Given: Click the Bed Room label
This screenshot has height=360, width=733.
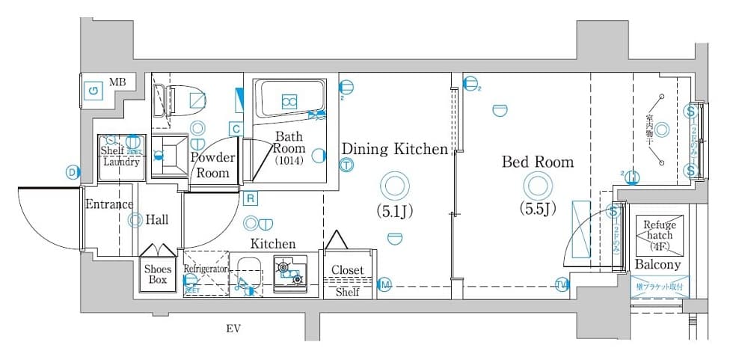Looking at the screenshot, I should pyautogui.click(x=537, y=162).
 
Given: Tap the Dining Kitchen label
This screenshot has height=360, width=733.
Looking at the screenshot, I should pyautogui.click(x=394, y=149).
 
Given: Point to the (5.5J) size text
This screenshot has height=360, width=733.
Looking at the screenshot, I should pyautogui.click(x=538, y=209).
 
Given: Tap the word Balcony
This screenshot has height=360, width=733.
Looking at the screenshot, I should pyautogui.click(x=658, y=265).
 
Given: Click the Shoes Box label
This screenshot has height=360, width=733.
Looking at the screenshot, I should pyautogui.click(x=158, y=275).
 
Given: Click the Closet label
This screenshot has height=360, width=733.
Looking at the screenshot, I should pyautogui.click(x=347, y=270).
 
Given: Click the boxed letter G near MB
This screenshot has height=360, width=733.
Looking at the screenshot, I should pyautogui.click(x=93, y=91).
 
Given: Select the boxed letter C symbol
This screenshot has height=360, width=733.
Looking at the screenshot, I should pyautogui.click(x=236, y=129).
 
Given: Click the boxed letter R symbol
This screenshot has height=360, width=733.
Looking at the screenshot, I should pyautogui.click(x=251, y=198).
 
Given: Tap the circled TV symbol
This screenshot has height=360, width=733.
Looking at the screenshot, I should pyautogui.click(x=562, y=283).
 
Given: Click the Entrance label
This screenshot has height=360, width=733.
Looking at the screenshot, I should pyautogui.click(x=109, y=204).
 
